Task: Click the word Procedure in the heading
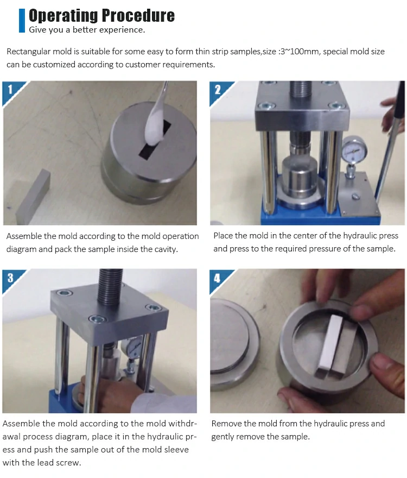pos(138,16)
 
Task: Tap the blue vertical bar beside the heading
pos(22,20)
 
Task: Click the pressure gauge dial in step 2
pos(354,150)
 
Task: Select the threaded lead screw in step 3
pos(110,287)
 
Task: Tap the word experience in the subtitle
pos(123,30)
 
